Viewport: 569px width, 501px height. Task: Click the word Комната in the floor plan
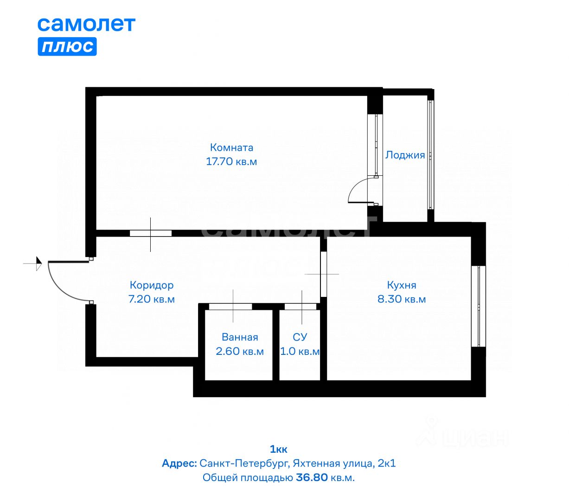tap(231, 148)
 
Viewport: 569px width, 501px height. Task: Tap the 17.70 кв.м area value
tap(231, 162)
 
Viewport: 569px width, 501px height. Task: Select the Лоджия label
tap(405, 155)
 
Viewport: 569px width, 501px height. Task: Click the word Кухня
tap(402, 285)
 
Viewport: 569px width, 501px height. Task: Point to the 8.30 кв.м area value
tap(402, 299)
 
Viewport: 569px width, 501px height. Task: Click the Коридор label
tap(152, 285)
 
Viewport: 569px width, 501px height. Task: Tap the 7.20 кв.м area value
tap(152, 299)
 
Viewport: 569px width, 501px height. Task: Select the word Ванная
tap(240, 337)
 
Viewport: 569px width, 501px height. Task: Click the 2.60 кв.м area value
tap(240, 352)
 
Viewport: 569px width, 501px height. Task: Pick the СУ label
tap(300, 337)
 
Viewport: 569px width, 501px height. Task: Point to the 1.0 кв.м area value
tap(300, 352)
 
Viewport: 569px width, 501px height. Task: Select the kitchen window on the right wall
tap(478, 306)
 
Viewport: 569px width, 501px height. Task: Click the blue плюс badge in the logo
tap(67, 47)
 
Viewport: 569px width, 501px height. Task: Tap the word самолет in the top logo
tap(86, 24)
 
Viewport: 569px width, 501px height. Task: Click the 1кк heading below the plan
tap(278, 449)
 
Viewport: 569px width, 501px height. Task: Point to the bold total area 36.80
tap(312, 477)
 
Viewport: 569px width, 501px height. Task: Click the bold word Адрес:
tap(179, 463)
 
